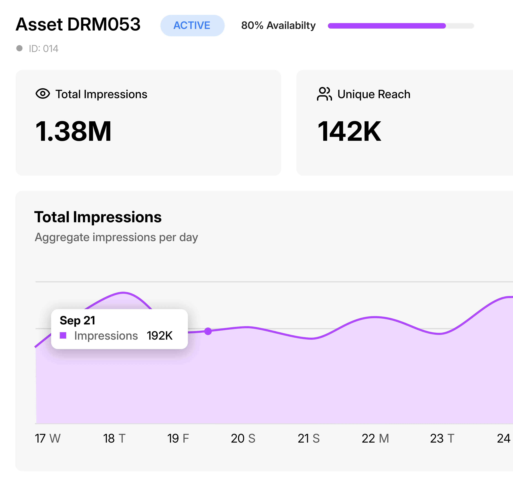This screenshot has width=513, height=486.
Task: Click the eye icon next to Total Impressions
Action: [43, 93]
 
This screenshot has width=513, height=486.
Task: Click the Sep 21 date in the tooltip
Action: [77, 320]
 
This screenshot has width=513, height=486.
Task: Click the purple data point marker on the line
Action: [208, 331]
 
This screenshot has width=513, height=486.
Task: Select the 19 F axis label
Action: [178, 438]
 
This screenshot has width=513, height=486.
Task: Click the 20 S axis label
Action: [243, 438]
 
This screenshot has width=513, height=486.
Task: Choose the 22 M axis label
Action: [375, 438]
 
